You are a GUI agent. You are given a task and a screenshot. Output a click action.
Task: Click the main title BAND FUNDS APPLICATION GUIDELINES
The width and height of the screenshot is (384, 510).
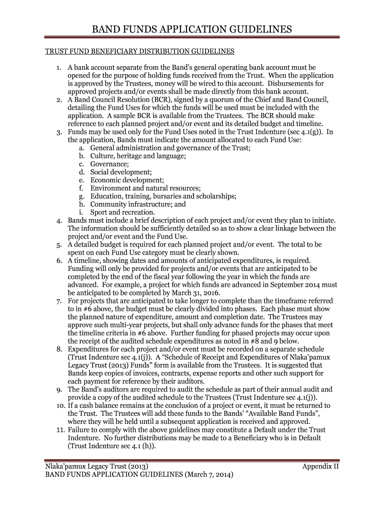click(x=192, y=30)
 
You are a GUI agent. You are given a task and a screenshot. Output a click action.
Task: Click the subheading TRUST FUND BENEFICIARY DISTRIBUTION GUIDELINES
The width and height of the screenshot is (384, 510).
click(x=140, y=51)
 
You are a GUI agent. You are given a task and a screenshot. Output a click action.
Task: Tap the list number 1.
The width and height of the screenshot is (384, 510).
click(x=58, y=67)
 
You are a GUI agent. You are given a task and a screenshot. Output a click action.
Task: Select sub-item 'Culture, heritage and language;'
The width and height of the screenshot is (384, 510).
click(x=138, y=156)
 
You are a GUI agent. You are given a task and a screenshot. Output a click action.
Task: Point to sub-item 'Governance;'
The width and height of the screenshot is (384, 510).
click(x=109, y=164)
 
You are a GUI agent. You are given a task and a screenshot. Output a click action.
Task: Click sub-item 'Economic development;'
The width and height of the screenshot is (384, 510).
click(x=127, y=180)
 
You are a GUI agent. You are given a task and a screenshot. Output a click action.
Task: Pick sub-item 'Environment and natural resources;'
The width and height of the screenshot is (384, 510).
click(x=146, y=188)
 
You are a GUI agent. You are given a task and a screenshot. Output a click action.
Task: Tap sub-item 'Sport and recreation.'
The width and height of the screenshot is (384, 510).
click(x=122, y=212)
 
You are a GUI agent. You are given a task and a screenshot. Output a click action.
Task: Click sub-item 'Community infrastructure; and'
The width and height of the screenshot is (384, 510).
click(x=138, y=204)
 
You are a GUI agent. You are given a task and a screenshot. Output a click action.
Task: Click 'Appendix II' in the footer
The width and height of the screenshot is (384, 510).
click(x=321, y=466)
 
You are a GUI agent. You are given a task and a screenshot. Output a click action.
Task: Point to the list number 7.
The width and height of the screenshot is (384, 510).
click(x=58, y=301)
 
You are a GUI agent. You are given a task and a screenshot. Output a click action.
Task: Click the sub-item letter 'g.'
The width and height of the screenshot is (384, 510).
click(x=81, y=196)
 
